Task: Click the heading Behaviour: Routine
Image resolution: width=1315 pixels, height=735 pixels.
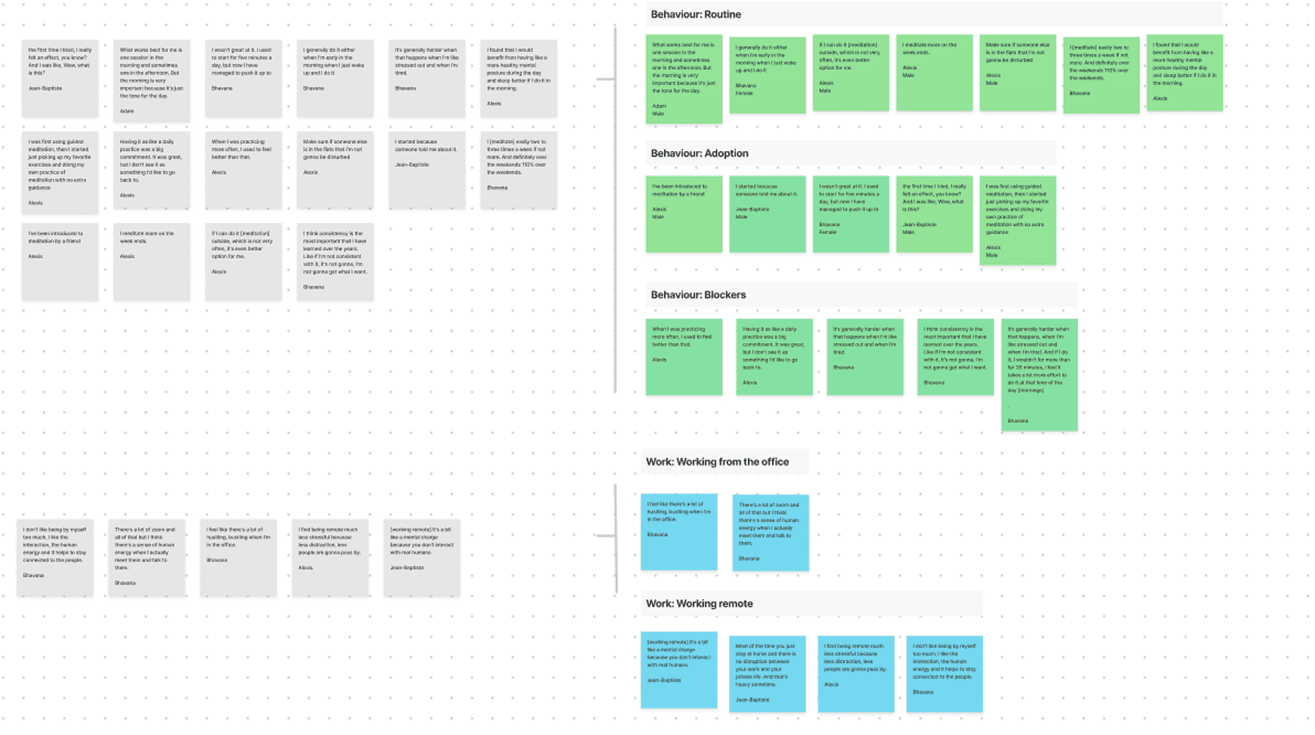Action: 696,15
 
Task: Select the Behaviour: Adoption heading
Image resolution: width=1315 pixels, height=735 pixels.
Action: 699,154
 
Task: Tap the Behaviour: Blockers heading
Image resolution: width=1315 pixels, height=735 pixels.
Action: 698,295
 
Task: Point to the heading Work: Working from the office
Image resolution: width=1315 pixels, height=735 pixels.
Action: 717,462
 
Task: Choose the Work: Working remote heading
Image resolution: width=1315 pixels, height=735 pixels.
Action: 699,604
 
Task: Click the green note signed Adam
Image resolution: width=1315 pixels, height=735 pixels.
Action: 684,79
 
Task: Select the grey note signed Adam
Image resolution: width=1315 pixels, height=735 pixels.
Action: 152,79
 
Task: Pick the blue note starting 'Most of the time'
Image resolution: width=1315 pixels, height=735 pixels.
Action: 767,673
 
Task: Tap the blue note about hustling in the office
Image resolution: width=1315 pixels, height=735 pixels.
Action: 679,531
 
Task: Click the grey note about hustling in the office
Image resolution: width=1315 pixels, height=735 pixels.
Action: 238,557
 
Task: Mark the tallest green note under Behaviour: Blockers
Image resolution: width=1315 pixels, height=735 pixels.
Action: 1039,374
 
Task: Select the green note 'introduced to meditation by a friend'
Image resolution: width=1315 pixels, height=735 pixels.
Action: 684,213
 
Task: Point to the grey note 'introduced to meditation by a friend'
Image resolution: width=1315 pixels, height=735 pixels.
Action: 60,261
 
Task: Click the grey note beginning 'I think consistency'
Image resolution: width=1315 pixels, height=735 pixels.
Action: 335,261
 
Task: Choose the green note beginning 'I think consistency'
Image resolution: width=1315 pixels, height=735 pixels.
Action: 955,357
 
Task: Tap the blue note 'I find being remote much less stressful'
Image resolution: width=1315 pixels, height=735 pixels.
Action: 856,673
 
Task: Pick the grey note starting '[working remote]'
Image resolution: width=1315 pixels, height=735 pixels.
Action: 421,557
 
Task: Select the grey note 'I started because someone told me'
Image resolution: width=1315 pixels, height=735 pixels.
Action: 427,169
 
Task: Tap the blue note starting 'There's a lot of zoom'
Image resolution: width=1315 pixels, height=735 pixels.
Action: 770,533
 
